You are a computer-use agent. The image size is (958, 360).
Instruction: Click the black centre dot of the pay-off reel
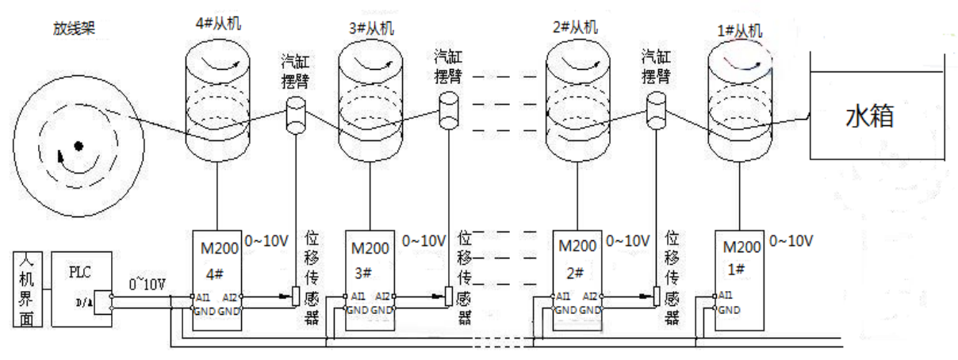[x=79, y=145]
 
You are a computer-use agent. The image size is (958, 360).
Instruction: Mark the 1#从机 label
[x=738, y=32]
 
